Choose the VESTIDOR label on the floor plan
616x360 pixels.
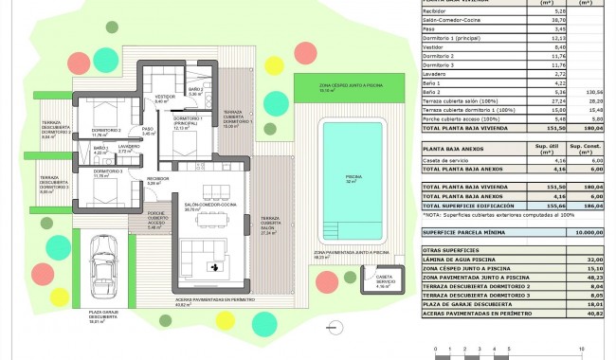click(166, 97)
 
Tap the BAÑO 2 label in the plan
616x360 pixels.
click(196, 92)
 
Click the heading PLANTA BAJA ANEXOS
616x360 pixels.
click(454, 146)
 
